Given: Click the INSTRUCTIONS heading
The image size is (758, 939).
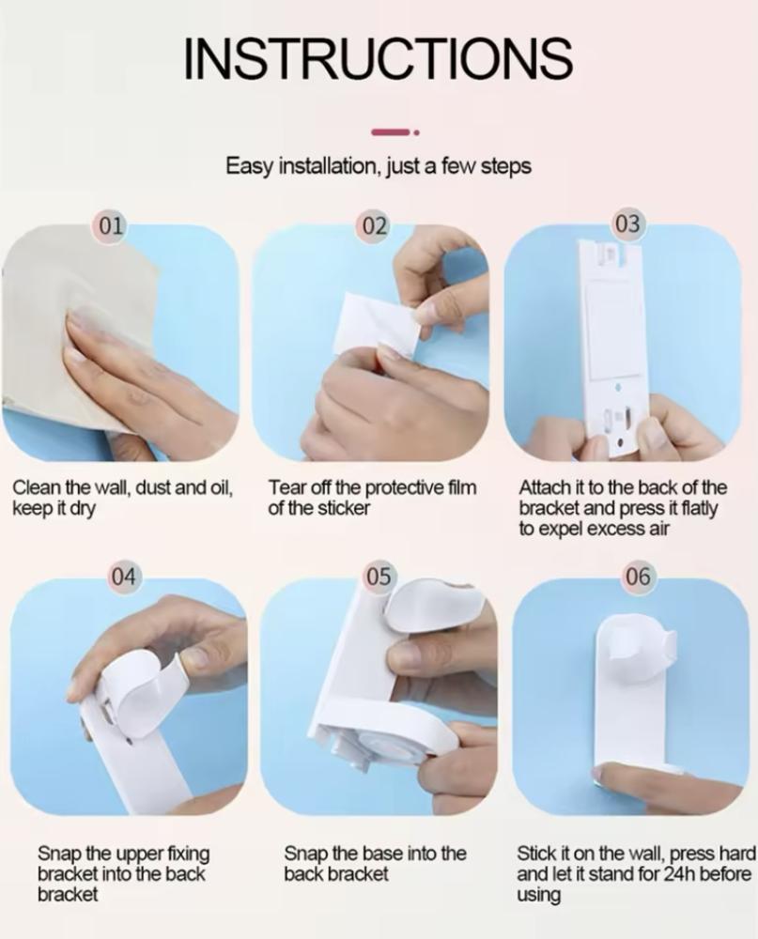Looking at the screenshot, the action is click(x=379, y=57).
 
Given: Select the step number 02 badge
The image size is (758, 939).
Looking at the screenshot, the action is click(x=375, y=225).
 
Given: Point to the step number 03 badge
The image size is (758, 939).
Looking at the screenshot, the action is click(x=627, y=223).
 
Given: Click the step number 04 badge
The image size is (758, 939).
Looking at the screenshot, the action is click(x=124, y=577).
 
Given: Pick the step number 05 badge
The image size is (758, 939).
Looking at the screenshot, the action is click(x=379, y=577).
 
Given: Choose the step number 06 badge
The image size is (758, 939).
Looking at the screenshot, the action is click(x=638, y=577).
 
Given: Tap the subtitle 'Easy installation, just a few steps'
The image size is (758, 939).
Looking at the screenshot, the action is click(x=379, y=166).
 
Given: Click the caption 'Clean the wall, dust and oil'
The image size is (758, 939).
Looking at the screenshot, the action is click(x=122, y=488).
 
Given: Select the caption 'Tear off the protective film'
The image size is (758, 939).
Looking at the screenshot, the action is click(x=372, y=488).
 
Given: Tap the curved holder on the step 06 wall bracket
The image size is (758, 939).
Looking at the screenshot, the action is click(x=638, y=649).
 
